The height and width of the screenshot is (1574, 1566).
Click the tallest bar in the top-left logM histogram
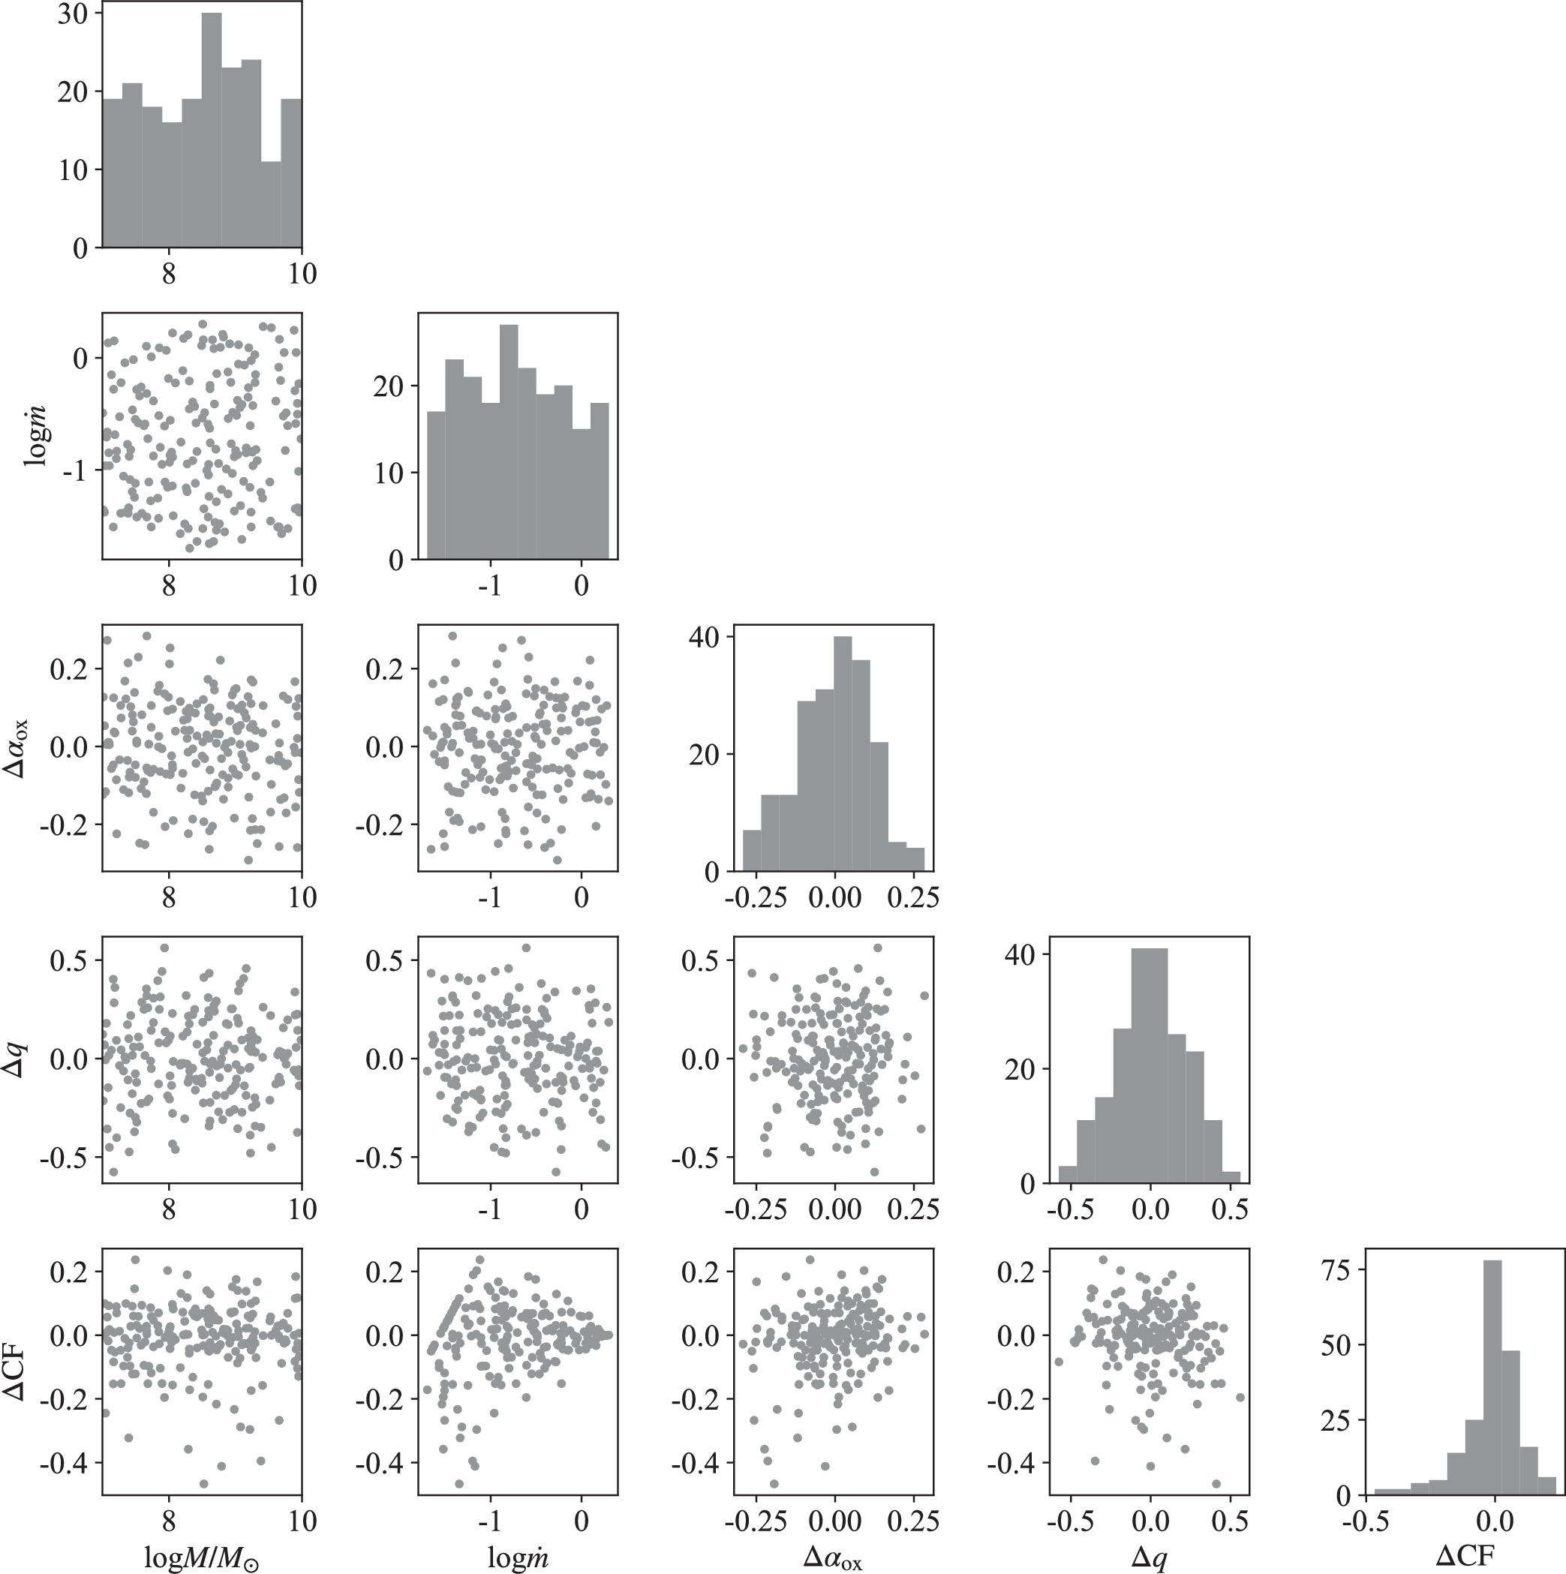(212, 131)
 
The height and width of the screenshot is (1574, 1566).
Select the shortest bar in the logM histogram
(272, 203)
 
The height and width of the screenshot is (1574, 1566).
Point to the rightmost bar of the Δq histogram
(1231, 1177)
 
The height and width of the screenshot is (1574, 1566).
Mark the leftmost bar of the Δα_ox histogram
(752, 851)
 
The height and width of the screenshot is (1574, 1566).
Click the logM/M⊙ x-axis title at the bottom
(201, 1557)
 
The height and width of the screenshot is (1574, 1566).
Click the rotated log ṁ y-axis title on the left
(36, 436)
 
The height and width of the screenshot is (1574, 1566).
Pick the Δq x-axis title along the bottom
(1149, 1557)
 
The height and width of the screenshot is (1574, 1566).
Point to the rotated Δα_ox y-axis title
(18, 748)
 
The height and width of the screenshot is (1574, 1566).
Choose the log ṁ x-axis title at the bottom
(518, 1557)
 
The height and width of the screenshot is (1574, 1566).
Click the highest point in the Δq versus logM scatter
(164, 948)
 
